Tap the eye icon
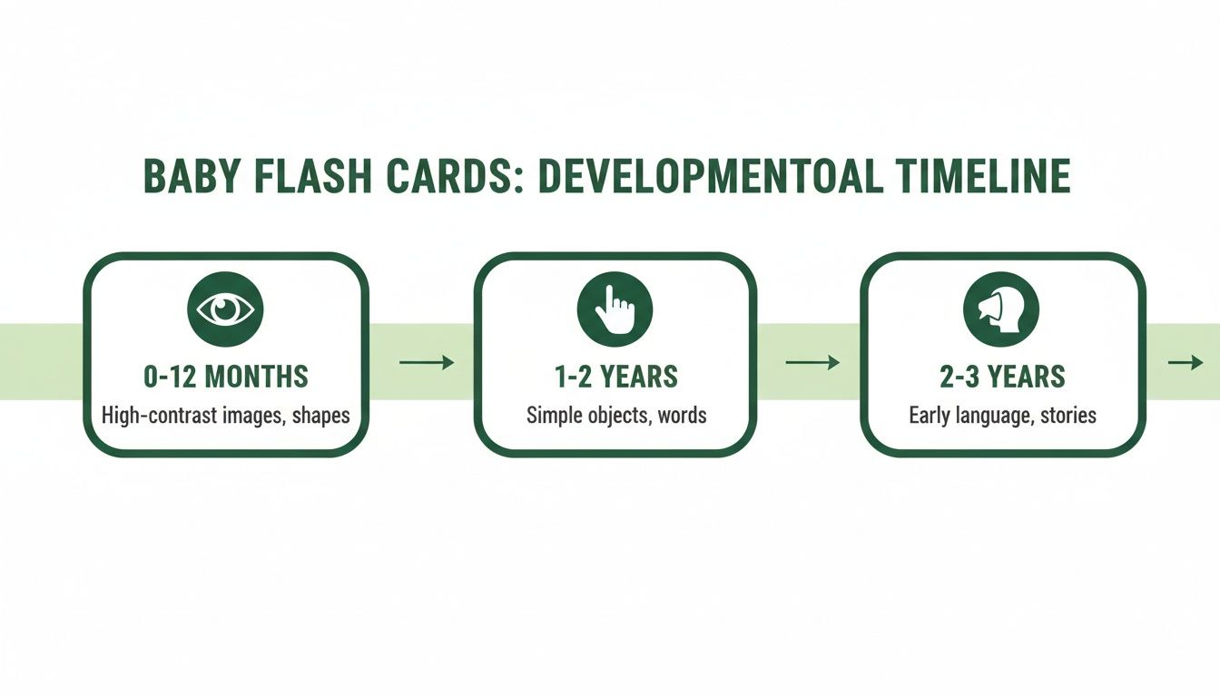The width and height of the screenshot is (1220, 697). click(225, 309)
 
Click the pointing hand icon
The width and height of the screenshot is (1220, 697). click(614, 309)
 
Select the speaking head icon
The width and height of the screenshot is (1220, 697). click(1001, 309)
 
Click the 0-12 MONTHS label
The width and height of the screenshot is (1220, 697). click(226, 376)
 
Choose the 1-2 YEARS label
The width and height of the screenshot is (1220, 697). click(615, 376)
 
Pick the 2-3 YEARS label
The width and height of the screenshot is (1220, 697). click(1002, 376)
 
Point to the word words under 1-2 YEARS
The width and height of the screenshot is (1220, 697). click(680, 416)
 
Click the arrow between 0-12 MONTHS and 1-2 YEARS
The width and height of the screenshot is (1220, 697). click(426, 363)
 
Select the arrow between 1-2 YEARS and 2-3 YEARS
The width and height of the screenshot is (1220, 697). click(812, 363)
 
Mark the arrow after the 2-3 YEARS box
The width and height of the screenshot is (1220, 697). click(1185, 363)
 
